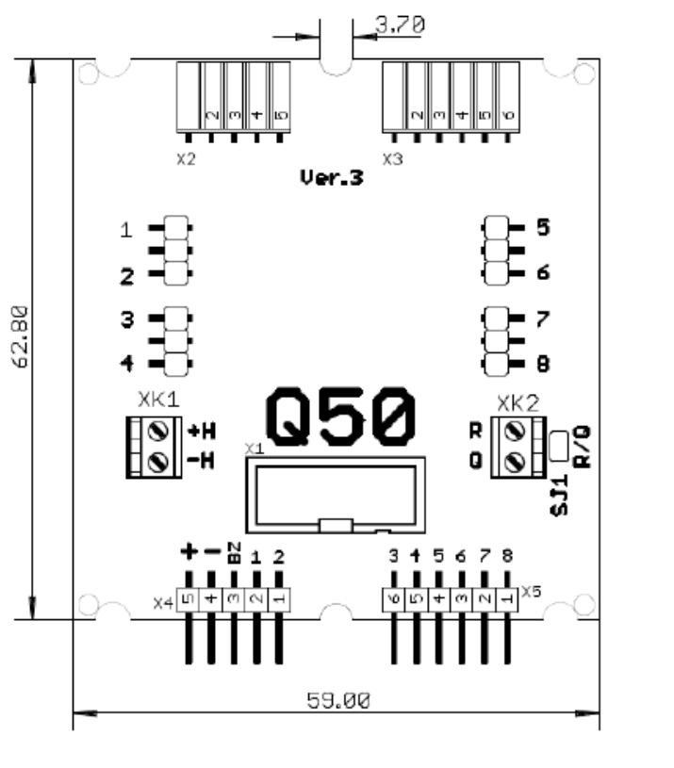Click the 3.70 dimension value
point(399,25)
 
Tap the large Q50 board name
point(340,417)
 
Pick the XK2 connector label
point(518,403)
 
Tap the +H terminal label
point(203,432)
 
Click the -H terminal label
point(203,461)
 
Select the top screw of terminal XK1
point(160,432)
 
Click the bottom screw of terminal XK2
point(515,462)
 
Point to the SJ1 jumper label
point(557,496)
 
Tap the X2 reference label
point(186,158)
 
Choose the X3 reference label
point(392,158)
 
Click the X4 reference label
point(163,599)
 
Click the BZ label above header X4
point(234,552)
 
